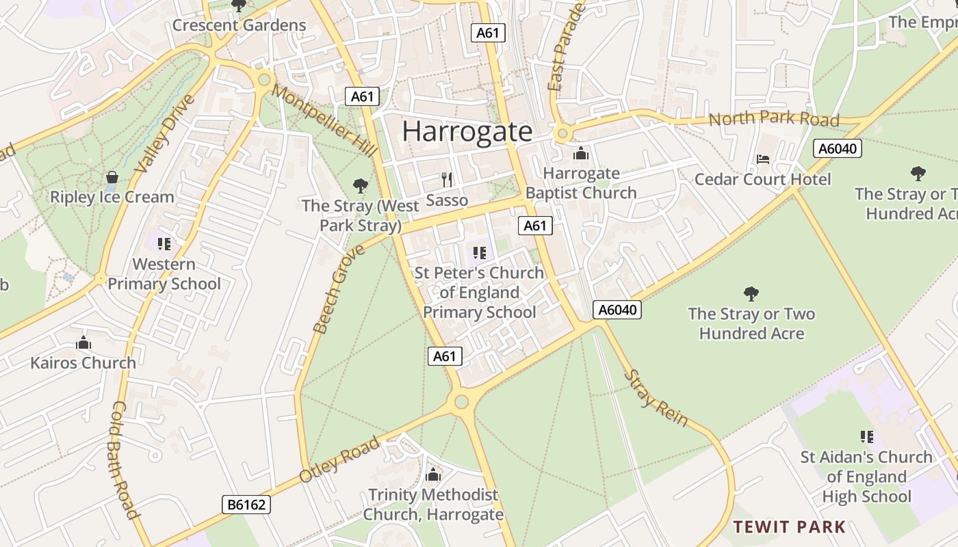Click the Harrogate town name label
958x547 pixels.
(467, 131)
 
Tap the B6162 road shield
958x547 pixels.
(246, 505)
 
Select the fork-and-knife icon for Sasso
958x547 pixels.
(447, 180)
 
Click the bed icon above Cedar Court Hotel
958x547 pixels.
(763, 159)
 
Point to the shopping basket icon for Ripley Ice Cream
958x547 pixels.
(112, 178)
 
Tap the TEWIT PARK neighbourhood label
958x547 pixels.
(790, 527)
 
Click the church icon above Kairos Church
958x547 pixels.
(83, 343)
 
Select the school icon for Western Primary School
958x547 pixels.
(164, 244)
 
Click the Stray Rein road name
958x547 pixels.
(656, 398)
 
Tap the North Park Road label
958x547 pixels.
(773, 119)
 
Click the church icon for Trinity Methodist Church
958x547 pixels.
(433, 475)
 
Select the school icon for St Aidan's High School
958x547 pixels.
(867, 437)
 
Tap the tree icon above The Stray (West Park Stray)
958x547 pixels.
(360, 185)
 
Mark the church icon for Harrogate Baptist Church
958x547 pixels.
(581, 153)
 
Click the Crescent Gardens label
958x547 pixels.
(239, 25)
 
